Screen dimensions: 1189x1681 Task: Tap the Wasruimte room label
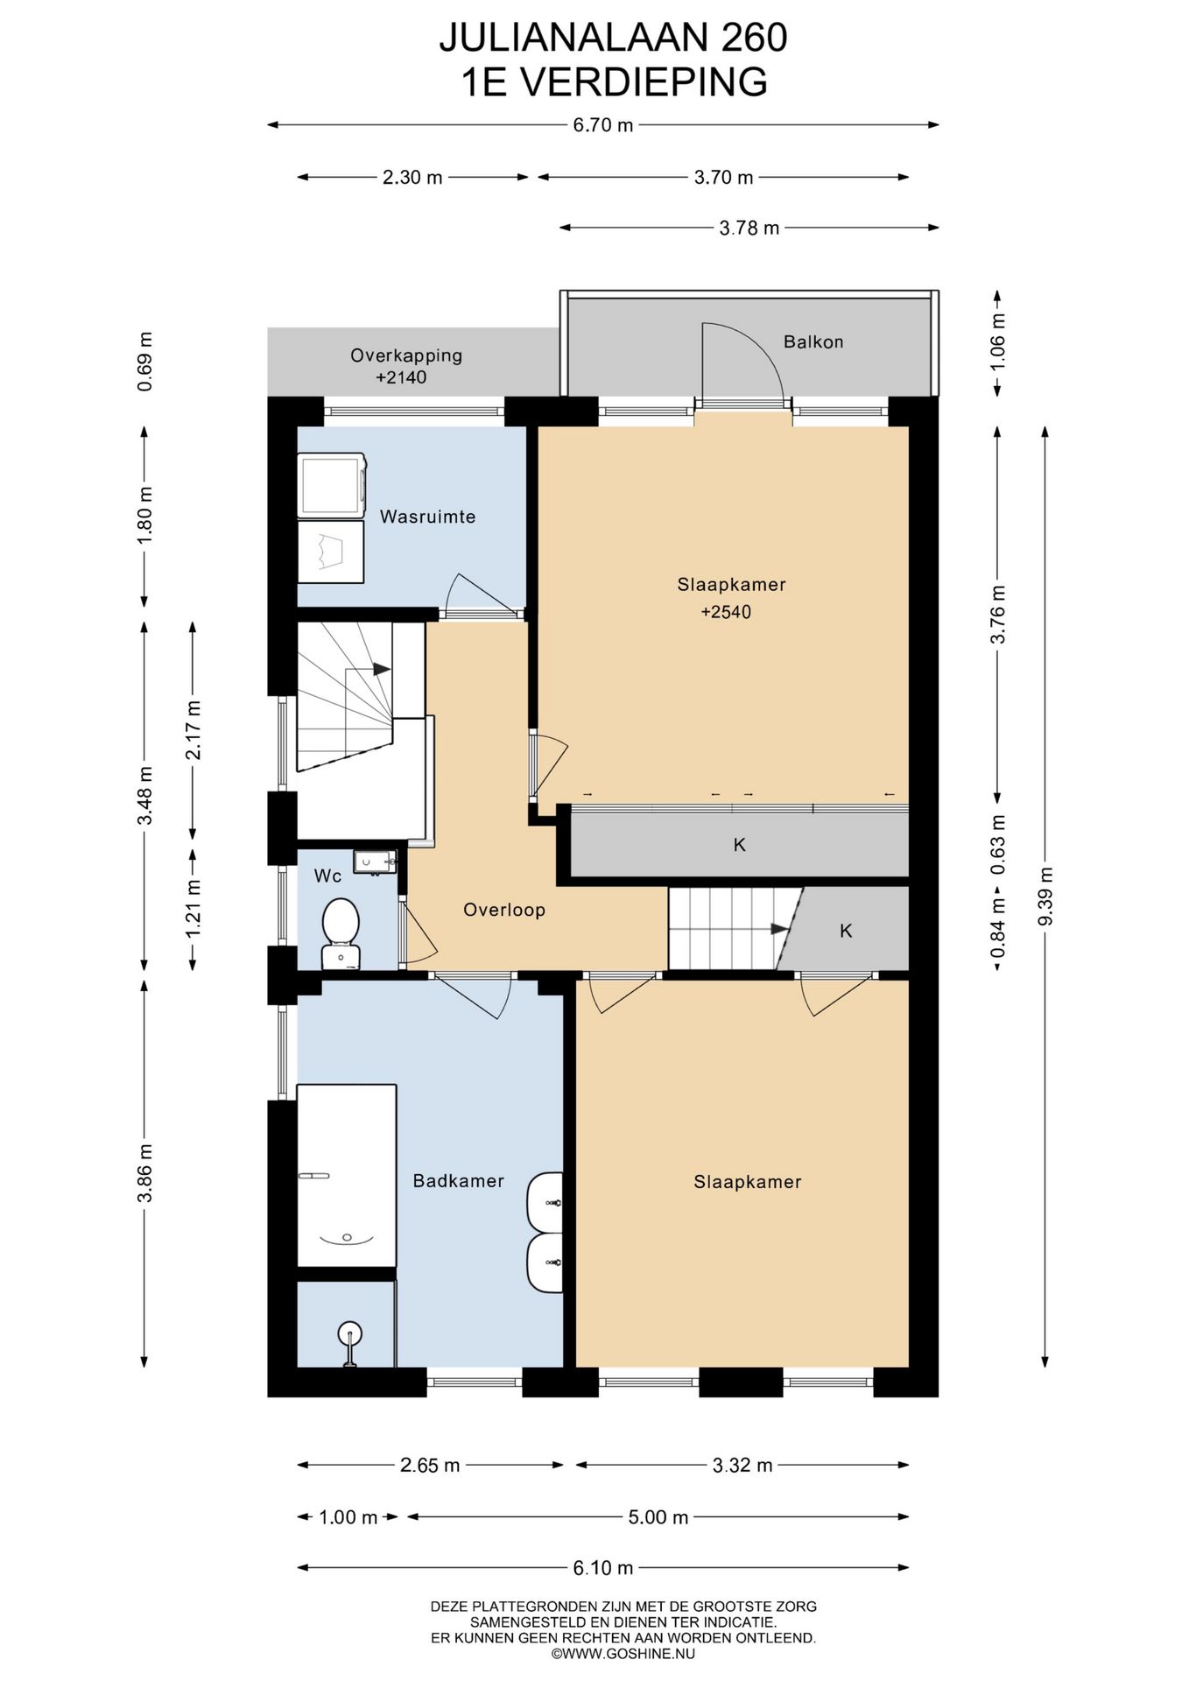pos(427,517)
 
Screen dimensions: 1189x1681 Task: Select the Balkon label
pos(813,341)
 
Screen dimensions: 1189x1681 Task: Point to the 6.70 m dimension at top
pos(603,124)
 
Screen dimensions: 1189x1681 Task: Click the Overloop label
pos(504,910)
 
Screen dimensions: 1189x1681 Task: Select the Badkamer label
pos(458,1181)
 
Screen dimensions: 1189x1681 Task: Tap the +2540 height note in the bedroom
pos(726,612)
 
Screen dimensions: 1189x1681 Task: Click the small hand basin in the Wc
pos(375,862)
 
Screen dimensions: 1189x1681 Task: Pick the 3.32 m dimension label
pos(742,1465)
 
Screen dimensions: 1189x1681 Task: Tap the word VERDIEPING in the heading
pos(644,82)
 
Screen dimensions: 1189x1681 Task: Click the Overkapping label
pos(406,355)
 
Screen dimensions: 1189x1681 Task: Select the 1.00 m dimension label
pos(348,1517)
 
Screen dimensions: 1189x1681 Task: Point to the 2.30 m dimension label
pos(412,177)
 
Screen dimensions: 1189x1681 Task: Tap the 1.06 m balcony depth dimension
pos(998,342)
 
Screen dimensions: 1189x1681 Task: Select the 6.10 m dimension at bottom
pos(603,1568)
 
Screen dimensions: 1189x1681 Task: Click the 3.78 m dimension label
pos(749,228)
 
